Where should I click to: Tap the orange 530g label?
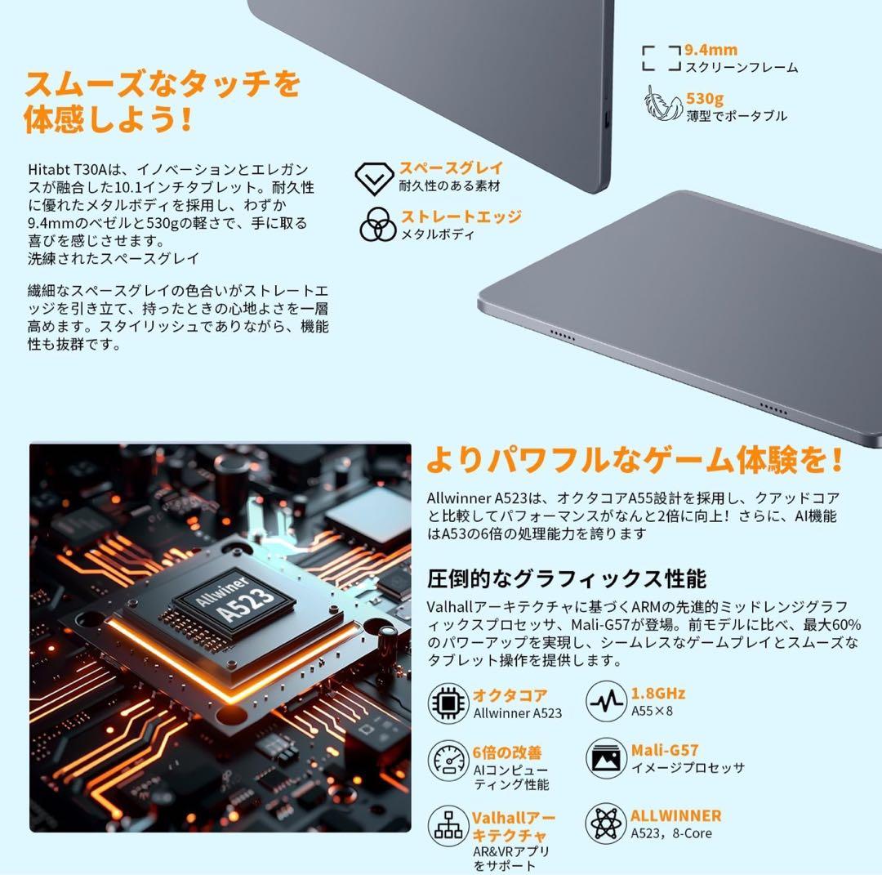(704, 99)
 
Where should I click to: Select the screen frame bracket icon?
(661, 59)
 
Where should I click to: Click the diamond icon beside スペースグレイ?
(375, 178)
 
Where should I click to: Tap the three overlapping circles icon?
(376, 224)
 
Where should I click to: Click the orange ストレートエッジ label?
(460, 217)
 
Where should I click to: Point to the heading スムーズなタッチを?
(163, 83)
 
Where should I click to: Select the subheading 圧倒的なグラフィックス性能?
(567, 579)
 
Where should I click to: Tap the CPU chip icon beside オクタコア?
(448, 703)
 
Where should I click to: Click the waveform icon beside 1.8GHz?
(606, 702)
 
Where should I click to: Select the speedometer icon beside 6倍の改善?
(448, 759)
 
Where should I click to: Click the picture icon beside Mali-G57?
(606, 757)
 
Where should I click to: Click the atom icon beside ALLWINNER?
(606, 823)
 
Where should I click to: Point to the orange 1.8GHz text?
(658, 694)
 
